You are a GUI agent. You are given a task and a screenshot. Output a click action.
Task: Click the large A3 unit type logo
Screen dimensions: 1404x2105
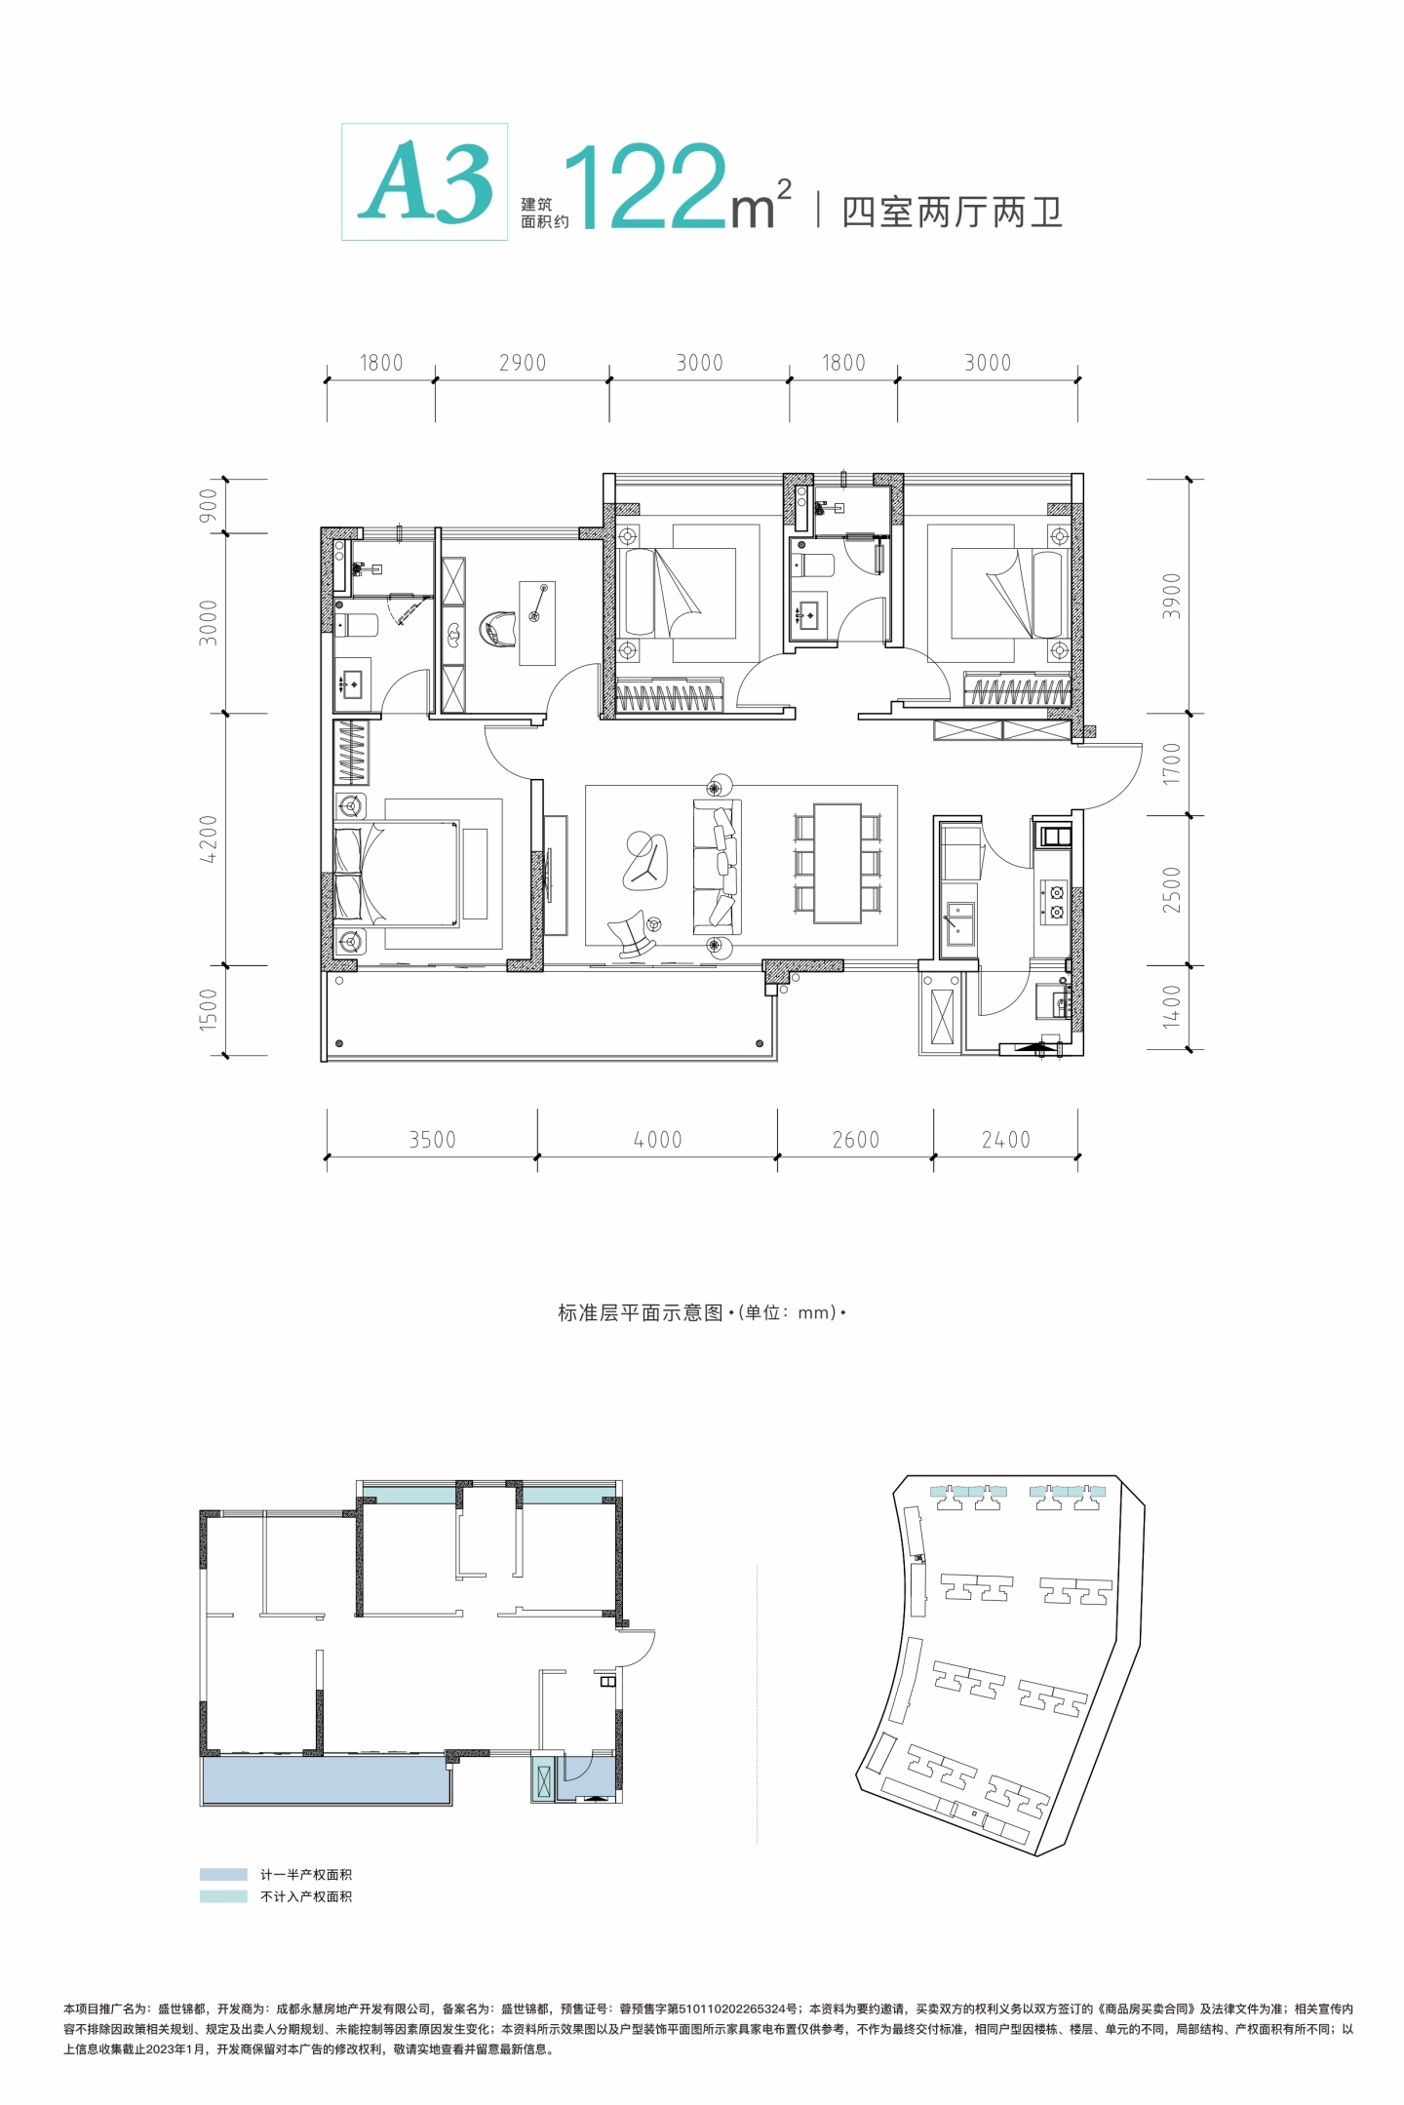point(425,182)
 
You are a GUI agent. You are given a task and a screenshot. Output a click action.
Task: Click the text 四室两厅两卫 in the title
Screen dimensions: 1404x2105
point(952,213)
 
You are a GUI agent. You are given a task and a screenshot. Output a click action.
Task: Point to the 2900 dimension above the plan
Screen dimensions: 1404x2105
point(523,363)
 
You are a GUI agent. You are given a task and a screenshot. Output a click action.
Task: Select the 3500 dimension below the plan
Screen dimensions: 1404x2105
point(432,1140)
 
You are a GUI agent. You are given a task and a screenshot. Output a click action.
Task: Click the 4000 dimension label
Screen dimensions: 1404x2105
point(658,1140)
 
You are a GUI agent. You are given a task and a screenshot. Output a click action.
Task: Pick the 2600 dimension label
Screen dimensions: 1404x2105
point(856,1140)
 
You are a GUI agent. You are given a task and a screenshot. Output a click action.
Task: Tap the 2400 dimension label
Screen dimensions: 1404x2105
point(1006,1140)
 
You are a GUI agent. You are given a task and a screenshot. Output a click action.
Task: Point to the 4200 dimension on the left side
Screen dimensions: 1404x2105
point(208,839)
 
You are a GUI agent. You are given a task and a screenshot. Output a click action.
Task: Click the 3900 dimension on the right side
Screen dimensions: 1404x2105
point(1172,596)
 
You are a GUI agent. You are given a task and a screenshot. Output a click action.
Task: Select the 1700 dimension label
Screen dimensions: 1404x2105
point(1172,763)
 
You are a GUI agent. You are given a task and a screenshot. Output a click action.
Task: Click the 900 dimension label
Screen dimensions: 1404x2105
point(208,506)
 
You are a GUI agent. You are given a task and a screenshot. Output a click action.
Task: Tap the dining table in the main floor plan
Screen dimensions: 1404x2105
point(838,863)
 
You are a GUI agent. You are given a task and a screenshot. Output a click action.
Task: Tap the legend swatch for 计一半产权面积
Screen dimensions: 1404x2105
point(223,1874)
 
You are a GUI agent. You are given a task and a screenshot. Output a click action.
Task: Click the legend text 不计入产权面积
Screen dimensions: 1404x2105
point(306,1896)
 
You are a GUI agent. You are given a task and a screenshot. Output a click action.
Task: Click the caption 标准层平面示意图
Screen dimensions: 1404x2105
point(641,1312)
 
